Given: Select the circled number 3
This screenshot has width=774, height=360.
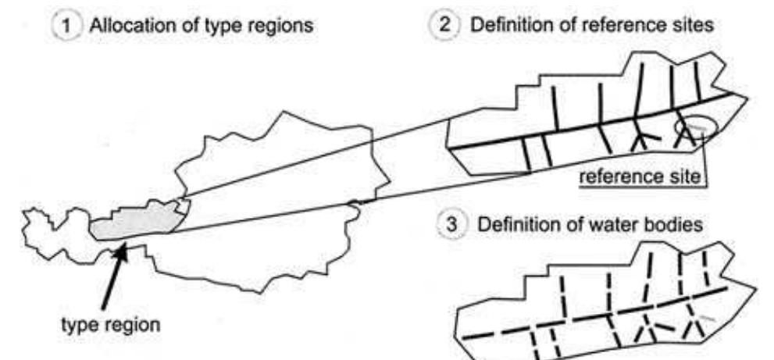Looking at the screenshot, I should click(451, 226).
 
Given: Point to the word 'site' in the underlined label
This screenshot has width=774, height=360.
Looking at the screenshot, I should click(687, 177).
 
